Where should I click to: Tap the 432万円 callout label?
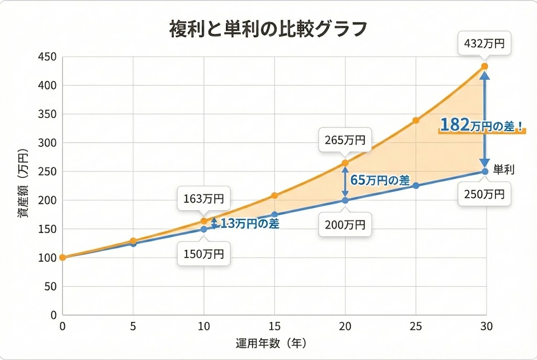point(484,43)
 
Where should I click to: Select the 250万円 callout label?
point(484,194)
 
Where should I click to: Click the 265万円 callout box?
point(345,140)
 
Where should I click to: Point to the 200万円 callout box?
point(345,225)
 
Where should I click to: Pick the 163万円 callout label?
point(203,199)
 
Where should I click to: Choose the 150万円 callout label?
point(203,254)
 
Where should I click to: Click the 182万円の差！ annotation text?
point(481,125)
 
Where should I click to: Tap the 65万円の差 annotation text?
point(380,180)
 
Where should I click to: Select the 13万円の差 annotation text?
point(249,223)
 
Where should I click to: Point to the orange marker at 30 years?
point(485,67)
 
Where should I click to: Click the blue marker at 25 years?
point(416,186)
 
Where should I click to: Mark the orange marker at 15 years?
point(274,195)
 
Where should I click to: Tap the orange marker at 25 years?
point(416,121)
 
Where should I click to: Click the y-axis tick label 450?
point(47,57)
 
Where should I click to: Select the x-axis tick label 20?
point(345,326)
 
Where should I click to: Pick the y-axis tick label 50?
point(49,287)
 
